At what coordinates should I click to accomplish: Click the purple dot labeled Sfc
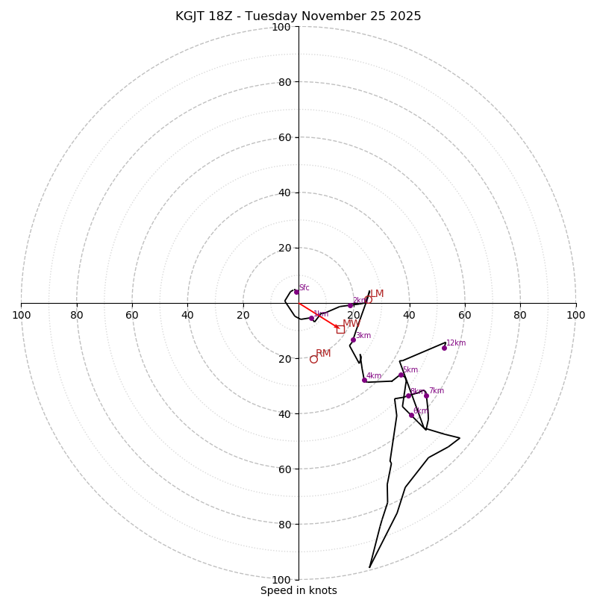pos(296,292)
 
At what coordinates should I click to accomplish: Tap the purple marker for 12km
pos(444,348)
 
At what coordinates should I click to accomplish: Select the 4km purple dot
pos(364,380)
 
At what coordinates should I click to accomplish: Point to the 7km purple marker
pos(426,396)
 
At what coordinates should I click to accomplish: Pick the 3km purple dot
pos(353,340)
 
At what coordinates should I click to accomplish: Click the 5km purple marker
pos(401,375)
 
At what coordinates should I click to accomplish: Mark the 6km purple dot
pos(411,415)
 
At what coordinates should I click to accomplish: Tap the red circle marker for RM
pos(313,359)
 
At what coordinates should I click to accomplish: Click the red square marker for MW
pos(340,329)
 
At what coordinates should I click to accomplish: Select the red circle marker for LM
pos(368,299)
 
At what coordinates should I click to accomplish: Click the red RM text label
pos(323,353)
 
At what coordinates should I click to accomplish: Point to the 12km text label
pos(456,343)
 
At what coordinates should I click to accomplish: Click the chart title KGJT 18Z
pos(206,16)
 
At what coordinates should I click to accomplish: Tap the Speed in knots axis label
pos(298,590)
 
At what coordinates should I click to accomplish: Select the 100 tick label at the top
pos(281,27)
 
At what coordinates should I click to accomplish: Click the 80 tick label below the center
pos(281,524)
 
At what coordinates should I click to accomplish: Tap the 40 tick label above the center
pos(281,193)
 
